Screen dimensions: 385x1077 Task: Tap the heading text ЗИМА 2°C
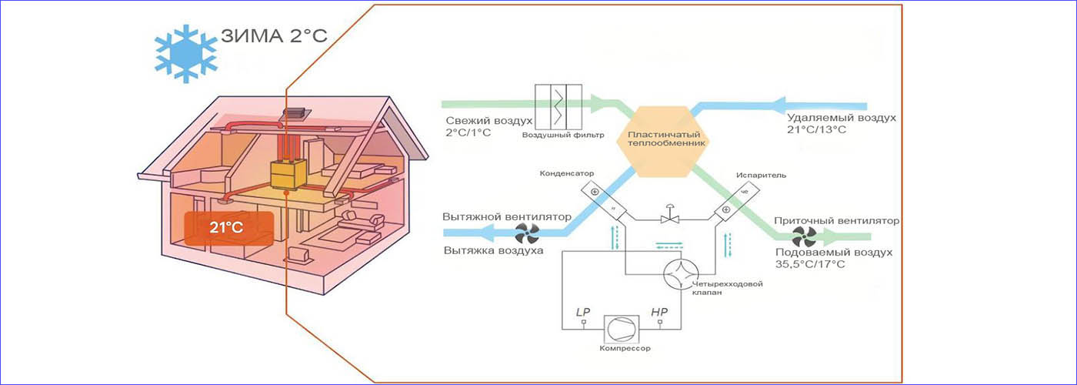click(x=275, y=37)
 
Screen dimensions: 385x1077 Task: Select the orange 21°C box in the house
click(x=227, y=227)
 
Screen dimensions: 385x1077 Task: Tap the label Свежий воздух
click(x=488, y=121)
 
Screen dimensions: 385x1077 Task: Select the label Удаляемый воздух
click(x=841, y=119)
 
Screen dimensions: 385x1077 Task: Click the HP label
click(x=659, y=312)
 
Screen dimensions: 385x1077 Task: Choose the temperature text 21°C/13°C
click(x=815, y=130)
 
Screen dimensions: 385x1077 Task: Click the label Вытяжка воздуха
click(x=493, y=250)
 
